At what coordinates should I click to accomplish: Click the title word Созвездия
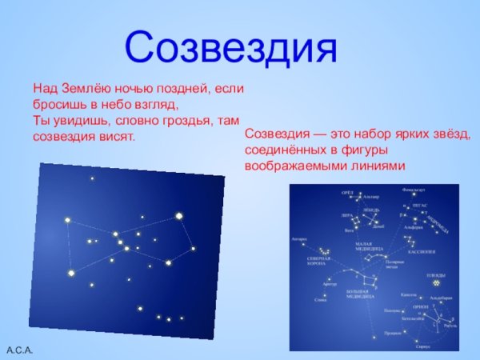pyautogui.click(x=231, y=47)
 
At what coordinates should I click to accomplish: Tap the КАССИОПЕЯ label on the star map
pyautogui.click(x=421, y=251)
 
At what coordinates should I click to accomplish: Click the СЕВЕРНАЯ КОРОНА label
pyautogui.click(x=319, y=262)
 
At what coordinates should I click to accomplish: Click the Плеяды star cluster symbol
pyautogui.click(x=438, y=282)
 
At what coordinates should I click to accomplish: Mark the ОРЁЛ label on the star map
pyautogui.click(x=347, y=193)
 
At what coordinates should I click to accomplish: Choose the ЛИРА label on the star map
pyautogui.click(x=346, y=215)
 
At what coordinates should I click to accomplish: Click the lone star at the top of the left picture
pyautogui.click(x=92, y=178)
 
